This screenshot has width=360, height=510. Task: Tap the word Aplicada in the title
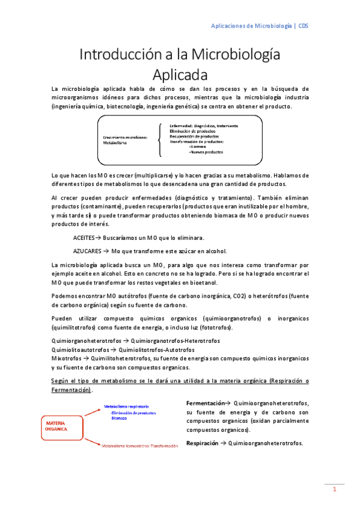[x=180, y=76]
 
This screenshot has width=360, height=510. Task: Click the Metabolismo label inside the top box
[x=115, y=144]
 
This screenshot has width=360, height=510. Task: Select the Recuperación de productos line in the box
[x=194, y=137]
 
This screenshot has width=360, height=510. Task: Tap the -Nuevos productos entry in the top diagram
[x=206, y=153]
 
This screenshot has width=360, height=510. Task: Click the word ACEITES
[x=84, y=238]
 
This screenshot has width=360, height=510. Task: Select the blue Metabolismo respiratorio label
[x=127, y=407]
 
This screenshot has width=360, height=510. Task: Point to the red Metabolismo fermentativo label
[x=139, y=446]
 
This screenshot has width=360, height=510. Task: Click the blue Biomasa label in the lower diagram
[x=118, y=418]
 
